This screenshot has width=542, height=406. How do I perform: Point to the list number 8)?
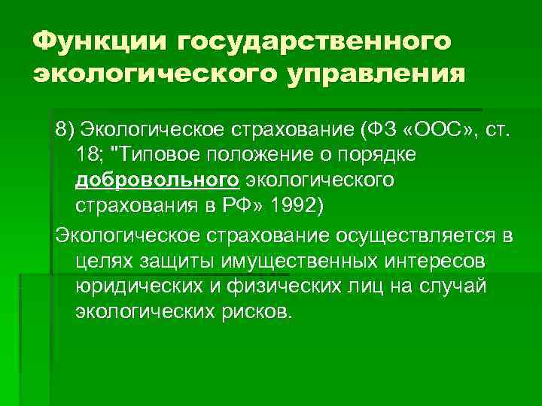(x=65, y=133)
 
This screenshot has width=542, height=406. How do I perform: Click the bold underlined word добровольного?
(x=157, y=180)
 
